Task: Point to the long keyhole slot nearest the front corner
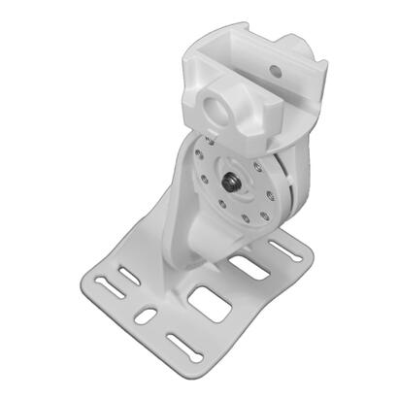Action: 183,343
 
